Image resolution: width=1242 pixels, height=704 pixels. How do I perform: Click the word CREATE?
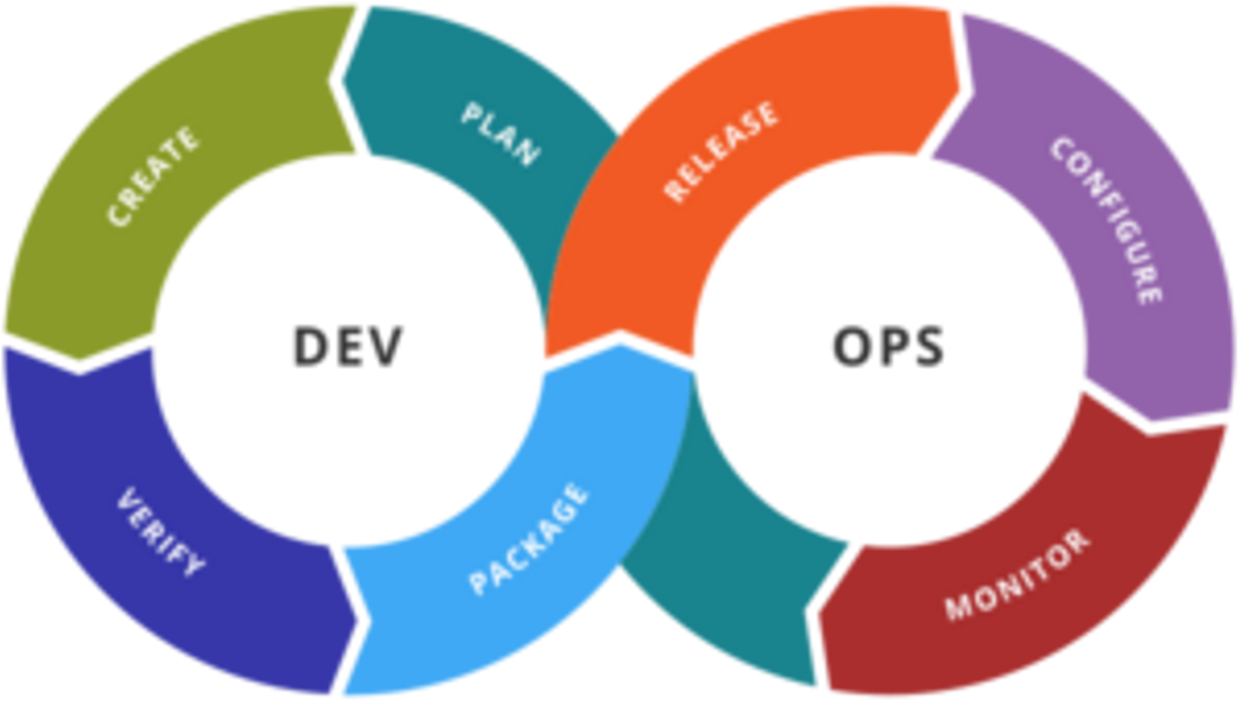154,177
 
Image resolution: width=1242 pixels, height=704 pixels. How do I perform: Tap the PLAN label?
500,134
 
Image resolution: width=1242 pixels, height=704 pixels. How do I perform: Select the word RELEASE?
721,153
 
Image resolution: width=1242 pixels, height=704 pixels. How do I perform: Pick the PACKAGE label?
529,539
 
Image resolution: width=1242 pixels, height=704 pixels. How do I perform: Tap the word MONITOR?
1017,574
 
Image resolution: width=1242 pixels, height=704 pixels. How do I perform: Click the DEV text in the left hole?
348,346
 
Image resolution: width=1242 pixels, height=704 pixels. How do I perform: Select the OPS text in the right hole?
889,346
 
